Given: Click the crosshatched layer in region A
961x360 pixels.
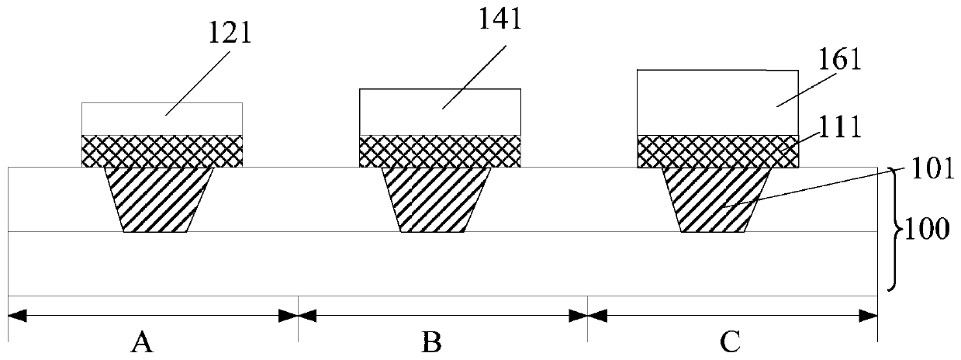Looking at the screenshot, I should pyautogui.click(x=162, y=151).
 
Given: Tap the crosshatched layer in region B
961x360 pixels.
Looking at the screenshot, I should pyautogui.click(x=440, y=151).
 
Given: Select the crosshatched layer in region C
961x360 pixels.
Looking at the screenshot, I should pyautogui.click(x=717, y=151).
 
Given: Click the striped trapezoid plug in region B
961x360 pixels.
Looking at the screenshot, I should pyautogui.click(x=436, y=199).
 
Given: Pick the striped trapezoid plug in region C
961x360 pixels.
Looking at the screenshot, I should pyautogui.click(x=715, y=199).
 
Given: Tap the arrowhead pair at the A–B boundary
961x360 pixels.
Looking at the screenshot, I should pyautogui.click(x=299, y=316).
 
